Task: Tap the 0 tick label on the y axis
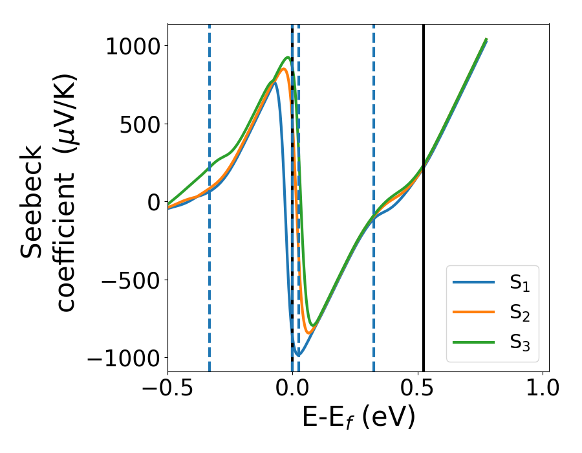point(152,202)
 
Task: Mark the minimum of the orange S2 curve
point(310,333)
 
